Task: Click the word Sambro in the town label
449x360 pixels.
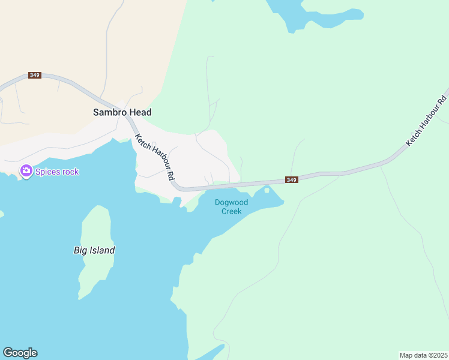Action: [x=107, y=112]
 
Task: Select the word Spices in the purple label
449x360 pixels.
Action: [x=47, y=172]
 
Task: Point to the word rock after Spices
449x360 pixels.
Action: [x=70, y=172]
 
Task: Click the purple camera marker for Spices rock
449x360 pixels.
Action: [x=26, y=171]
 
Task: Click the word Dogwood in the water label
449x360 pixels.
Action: [x=232, y=202]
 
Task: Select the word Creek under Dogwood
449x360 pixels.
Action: [x=232, y=211]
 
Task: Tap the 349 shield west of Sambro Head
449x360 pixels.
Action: [x=34, y=75]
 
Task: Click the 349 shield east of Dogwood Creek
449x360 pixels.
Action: [x=291, y=180]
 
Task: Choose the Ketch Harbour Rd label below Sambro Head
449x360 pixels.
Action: [x=154, y=157]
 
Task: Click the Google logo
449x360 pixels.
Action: [x=20, y=353]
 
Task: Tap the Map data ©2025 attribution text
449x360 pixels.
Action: [x=423, y=355]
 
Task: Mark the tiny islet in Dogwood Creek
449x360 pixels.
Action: [x=267, y=190]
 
